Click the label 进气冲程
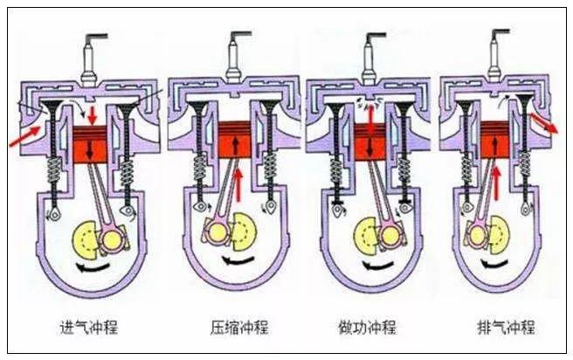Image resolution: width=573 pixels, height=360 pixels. [92, 328]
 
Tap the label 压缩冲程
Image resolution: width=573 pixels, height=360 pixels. [235, 328]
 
